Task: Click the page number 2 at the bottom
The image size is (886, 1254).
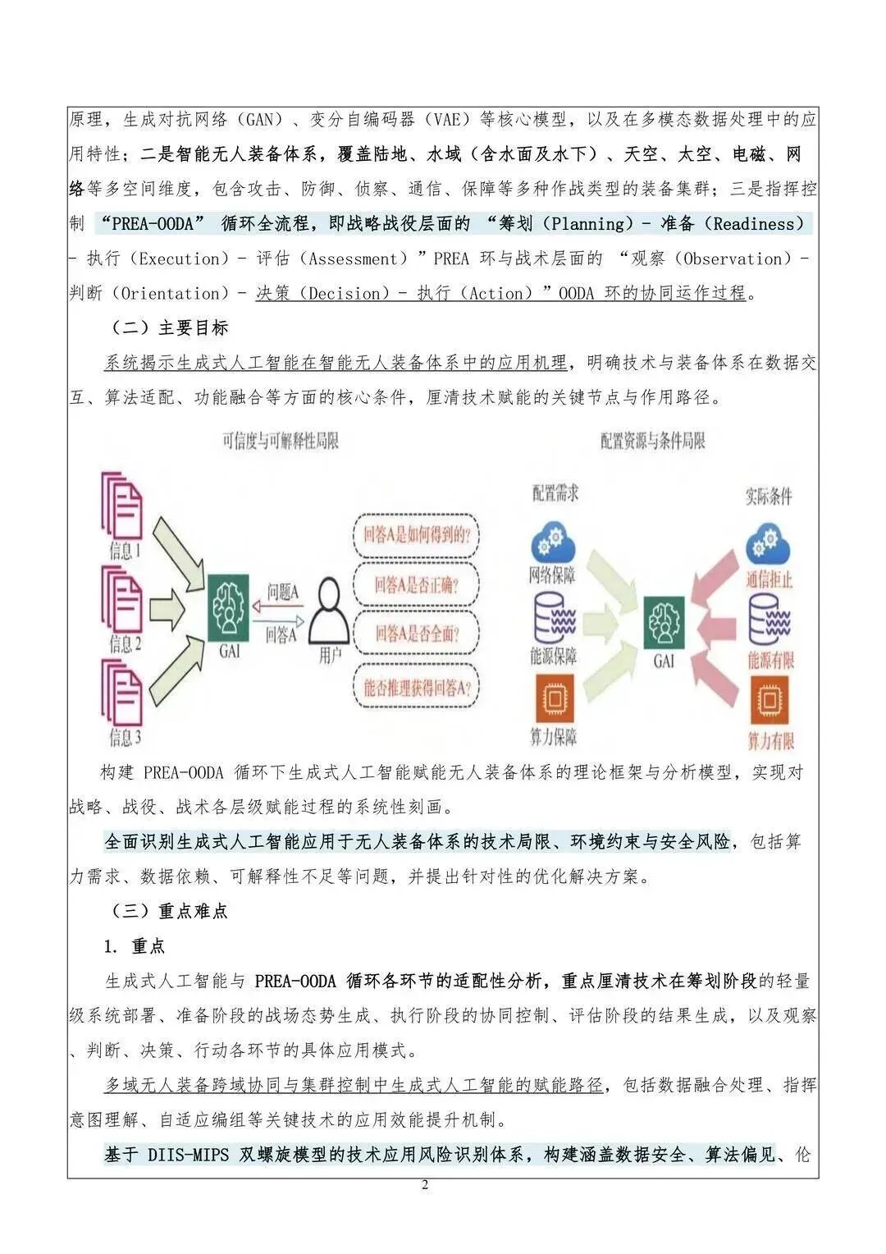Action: click(425, 1184)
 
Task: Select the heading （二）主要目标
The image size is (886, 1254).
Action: click(169, 328)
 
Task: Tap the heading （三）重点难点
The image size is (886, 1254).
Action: click(169, 911)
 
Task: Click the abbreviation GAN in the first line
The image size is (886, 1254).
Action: click(259, 121)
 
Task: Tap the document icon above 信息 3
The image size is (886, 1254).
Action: click(123, 693)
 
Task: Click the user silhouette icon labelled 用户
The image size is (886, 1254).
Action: click(330, 611)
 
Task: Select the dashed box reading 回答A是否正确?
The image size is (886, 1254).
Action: click(416, 584)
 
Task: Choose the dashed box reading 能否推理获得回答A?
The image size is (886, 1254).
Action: click(416, 687)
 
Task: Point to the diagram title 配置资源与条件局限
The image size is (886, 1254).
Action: click(652, 442)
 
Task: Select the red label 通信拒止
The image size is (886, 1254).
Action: click(770, 579)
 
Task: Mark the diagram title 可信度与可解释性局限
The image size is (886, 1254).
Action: click(281, 442)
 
